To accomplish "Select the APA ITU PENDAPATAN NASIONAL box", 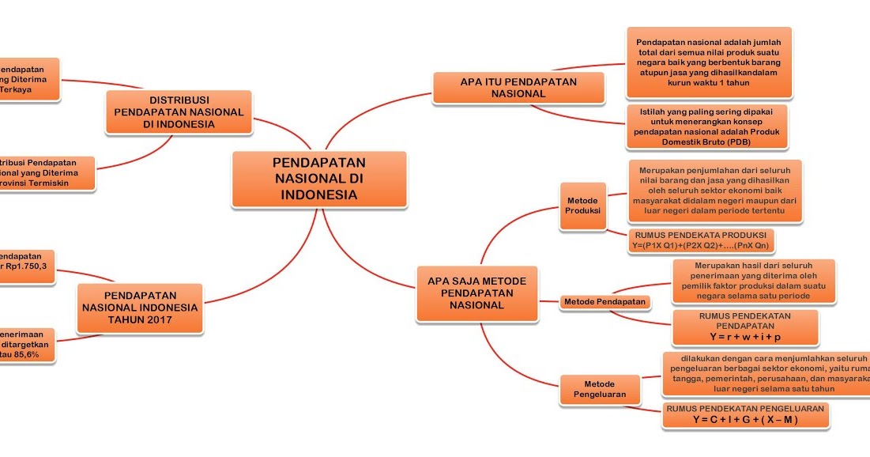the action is click(518, 87).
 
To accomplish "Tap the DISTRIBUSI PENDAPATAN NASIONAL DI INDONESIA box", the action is click(179, 112).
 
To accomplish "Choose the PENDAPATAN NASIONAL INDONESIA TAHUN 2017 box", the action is click(140, 307).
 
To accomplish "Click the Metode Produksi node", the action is click(583, 206).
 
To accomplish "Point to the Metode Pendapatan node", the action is click(604, 301).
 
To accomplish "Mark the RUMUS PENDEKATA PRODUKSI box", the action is click(700, 240).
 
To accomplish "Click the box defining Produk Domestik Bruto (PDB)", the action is click(706, 127).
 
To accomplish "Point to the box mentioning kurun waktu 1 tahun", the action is click(708, 62).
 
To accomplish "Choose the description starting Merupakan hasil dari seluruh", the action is click(752, 280).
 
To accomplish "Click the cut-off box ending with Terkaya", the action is click(28, 79).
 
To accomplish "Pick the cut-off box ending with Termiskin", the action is click(46, 172).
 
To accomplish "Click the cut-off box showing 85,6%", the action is click(27, 345).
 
